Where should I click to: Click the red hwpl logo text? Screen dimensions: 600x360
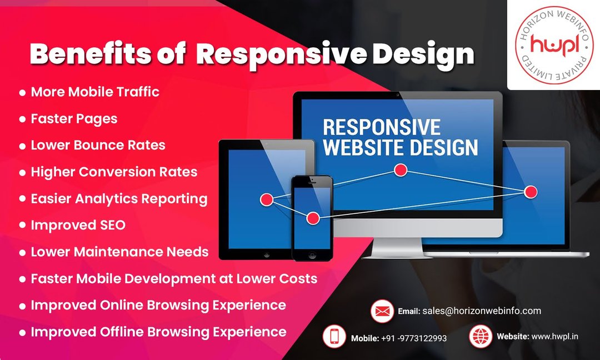554,45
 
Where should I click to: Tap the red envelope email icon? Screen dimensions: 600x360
382,311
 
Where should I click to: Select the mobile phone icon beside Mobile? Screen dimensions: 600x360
334,337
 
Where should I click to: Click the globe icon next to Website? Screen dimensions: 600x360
481,337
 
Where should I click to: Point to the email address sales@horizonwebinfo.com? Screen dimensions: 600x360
481,311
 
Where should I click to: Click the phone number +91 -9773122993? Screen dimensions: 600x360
414,338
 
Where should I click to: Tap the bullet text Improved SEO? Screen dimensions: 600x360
78,226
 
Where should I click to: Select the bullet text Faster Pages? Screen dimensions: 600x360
74,119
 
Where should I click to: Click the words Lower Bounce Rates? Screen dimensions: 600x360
98,146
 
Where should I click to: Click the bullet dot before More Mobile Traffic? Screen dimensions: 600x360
23,93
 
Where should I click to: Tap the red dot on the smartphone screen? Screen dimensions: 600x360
313,218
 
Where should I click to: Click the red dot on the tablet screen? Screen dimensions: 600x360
267,199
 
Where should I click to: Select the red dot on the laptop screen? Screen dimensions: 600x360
531,192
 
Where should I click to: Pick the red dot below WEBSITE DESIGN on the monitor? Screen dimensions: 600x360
401,170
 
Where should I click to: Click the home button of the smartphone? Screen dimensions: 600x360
312,255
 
